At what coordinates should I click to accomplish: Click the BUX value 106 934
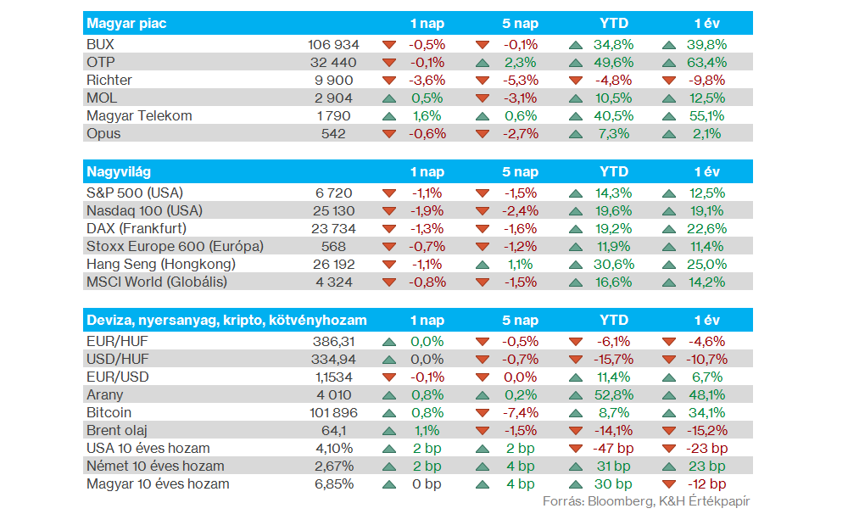(x=334, y=44)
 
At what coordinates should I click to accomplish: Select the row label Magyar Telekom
(x=139, y=115)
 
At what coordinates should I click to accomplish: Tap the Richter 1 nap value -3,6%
(x=427, y=80)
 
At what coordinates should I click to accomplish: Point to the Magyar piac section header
(x=127, y=24)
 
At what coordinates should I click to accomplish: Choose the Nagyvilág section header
(x=120, y=172)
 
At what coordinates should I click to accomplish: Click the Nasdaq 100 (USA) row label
(x=144, y=210)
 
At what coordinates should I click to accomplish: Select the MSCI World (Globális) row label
(x=157, y=282)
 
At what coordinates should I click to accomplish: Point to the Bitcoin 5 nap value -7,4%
(x=520, y=413)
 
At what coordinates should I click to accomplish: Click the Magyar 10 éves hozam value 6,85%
(x=334, y=484)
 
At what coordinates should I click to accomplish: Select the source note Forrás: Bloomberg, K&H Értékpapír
(x=646, y=501)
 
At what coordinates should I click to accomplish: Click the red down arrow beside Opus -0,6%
(x=389, y=134)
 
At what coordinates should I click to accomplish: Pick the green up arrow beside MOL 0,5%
(x=389, y=98)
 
